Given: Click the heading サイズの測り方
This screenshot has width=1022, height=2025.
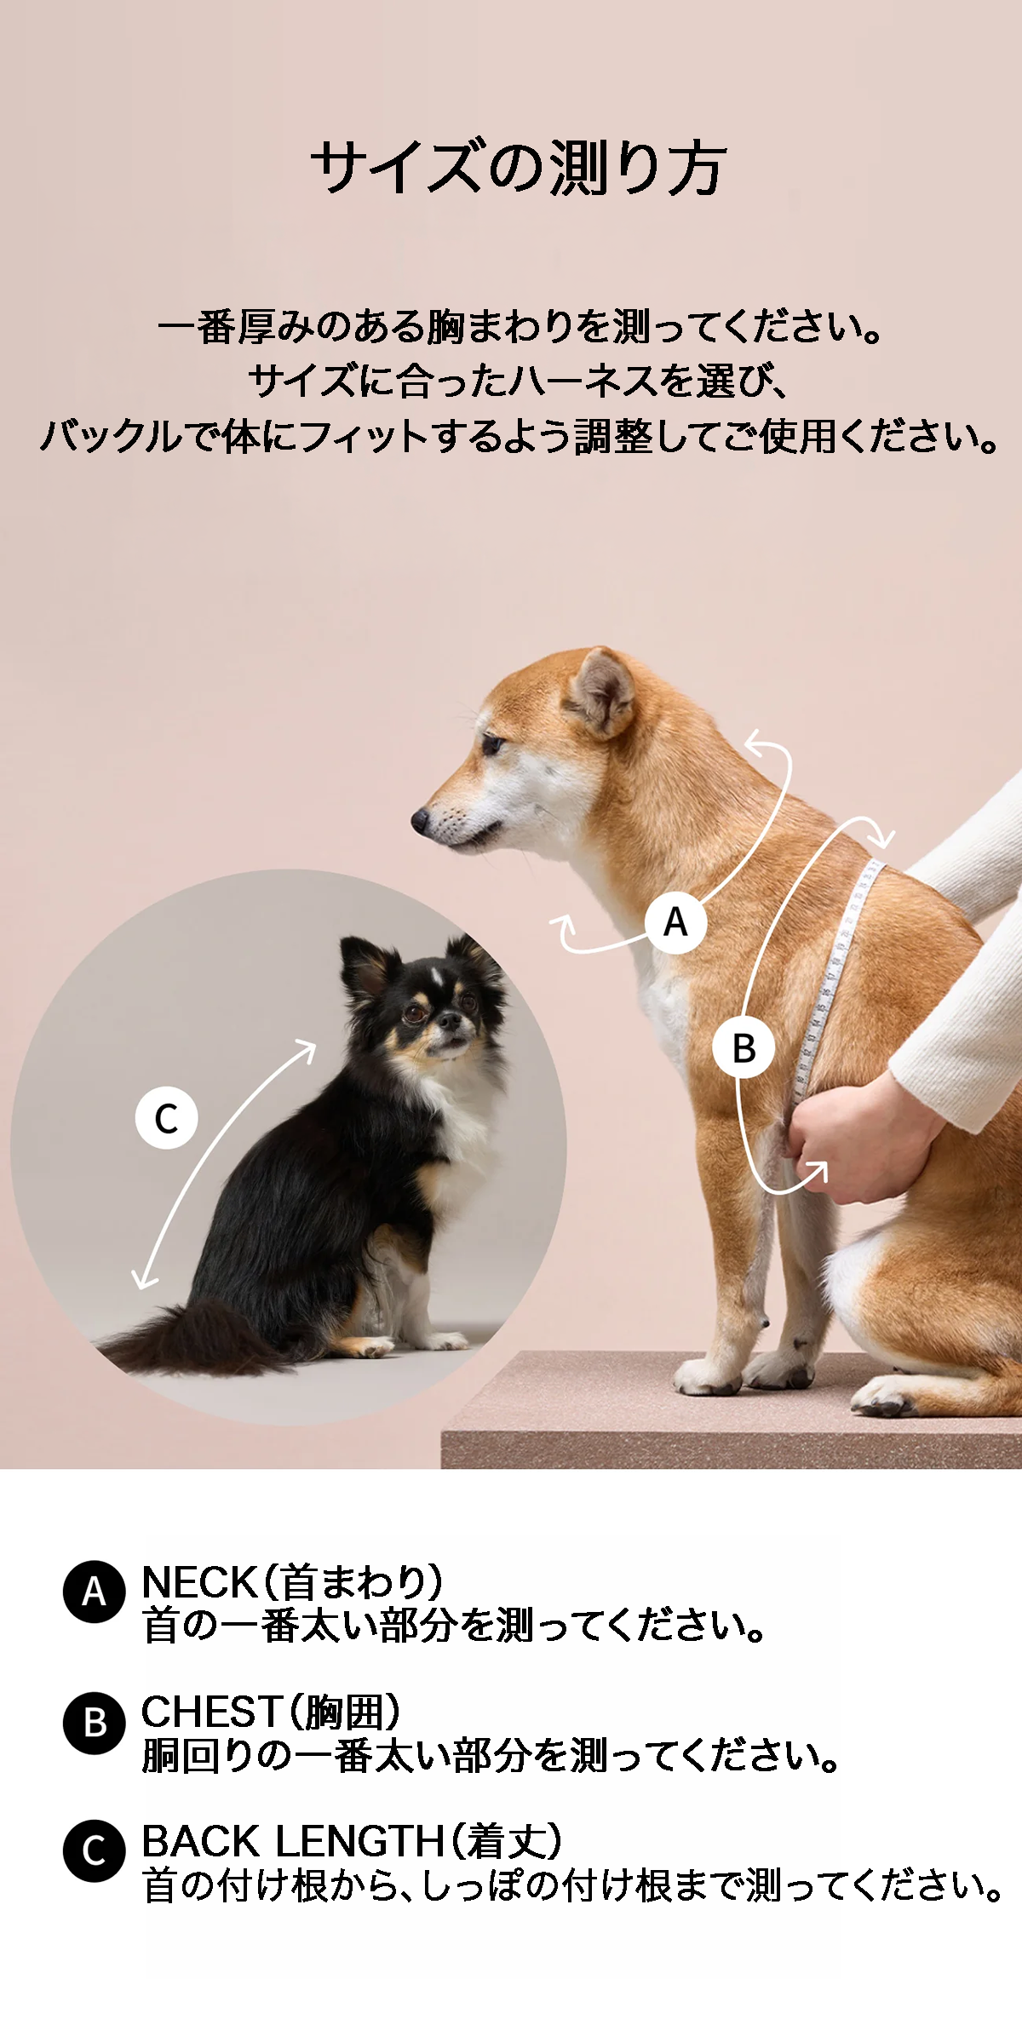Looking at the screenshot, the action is tap(518, 168).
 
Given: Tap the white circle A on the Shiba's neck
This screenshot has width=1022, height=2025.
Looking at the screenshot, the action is tap(675, 921).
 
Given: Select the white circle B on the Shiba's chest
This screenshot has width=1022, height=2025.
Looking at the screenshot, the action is tap(744, 1047).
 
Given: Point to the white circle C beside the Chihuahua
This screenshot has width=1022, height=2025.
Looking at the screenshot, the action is tap(166, 1117).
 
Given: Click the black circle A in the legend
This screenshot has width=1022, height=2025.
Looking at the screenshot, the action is tap(95, 1591).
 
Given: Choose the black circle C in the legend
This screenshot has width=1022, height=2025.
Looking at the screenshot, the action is tap(95, 1850).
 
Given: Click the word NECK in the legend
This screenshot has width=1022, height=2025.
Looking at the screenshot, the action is tap(199, 1582).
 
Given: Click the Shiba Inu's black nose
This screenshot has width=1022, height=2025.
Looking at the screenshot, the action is tap(420, 820).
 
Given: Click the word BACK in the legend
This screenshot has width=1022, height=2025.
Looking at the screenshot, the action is tap(203, 1841).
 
